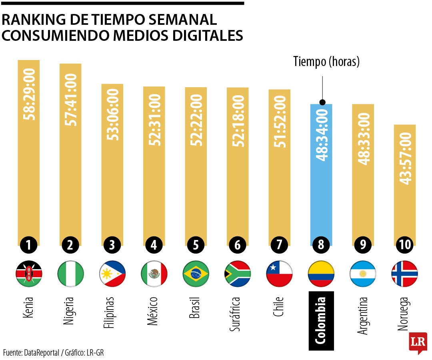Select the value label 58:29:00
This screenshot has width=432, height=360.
pos(30,94)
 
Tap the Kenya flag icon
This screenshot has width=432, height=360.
pos(29,274)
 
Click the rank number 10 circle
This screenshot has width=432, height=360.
pos(405,245)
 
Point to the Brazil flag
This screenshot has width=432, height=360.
pos(196,274)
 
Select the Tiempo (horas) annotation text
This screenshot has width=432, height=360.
pos(326,61)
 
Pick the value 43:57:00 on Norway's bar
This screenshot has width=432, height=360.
pos(405,158)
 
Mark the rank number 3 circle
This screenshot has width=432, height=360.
pos(112,245)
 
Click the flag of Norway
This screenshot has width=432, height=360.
pos(404,274)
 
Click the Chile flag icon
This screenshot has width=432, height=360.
pos(279,274)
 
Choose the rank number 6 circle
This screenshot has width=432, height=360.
pos(238,245)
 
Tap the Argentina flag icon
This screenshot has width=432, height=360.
pos(363,274)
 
